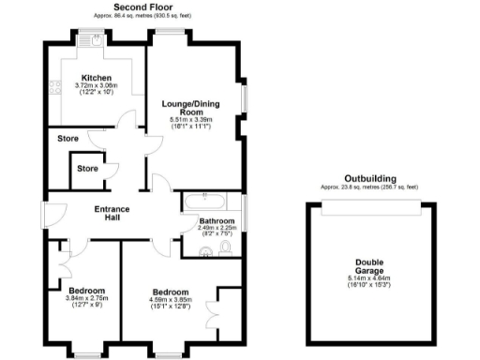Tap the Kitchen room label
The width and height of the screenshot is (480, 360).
[x=96, y=78]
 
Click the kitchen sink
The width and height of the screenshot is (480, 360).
[x=97, y=40]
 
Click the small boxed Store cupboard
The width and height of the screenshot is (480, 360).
[x=87, y=169]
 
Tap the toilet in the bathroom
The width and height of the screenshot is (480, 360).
[x=226, y=248]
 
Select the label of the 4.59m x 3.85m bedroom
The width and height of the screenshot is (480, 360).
[x=172, y=292]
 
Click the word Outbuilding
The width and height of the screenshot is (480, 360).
[x=369, y=178]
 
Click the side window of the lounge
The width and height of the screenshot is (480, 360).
[x=245, y=98]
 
